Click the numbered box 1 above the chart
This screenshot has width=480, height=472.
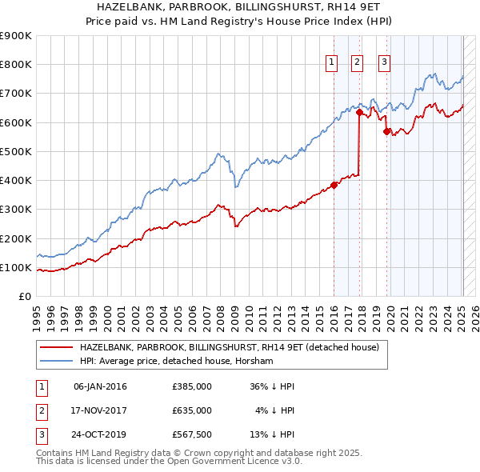(331, 65)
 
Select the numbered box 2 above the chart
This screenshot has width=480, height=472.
(357, 65)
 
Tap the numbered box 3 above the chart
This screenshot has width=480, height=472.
(385, 65)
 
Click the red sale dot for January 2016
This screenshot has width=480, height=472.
(334, 185)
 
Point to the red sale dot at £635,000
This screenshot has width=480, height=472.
(358, 112)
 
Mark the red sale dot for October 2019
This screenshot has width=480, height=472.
(386, 132)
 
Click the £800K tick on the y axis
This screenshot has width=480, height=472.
(16, 65)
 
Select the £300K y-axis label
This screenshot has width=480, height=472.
(16, 210)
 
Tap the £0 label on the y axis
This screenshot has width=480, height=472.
(24, 297)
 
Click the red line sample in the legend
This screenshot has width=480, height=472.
(57, 348)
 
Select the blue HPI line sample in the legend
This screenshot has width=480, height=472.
(57, 362)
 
